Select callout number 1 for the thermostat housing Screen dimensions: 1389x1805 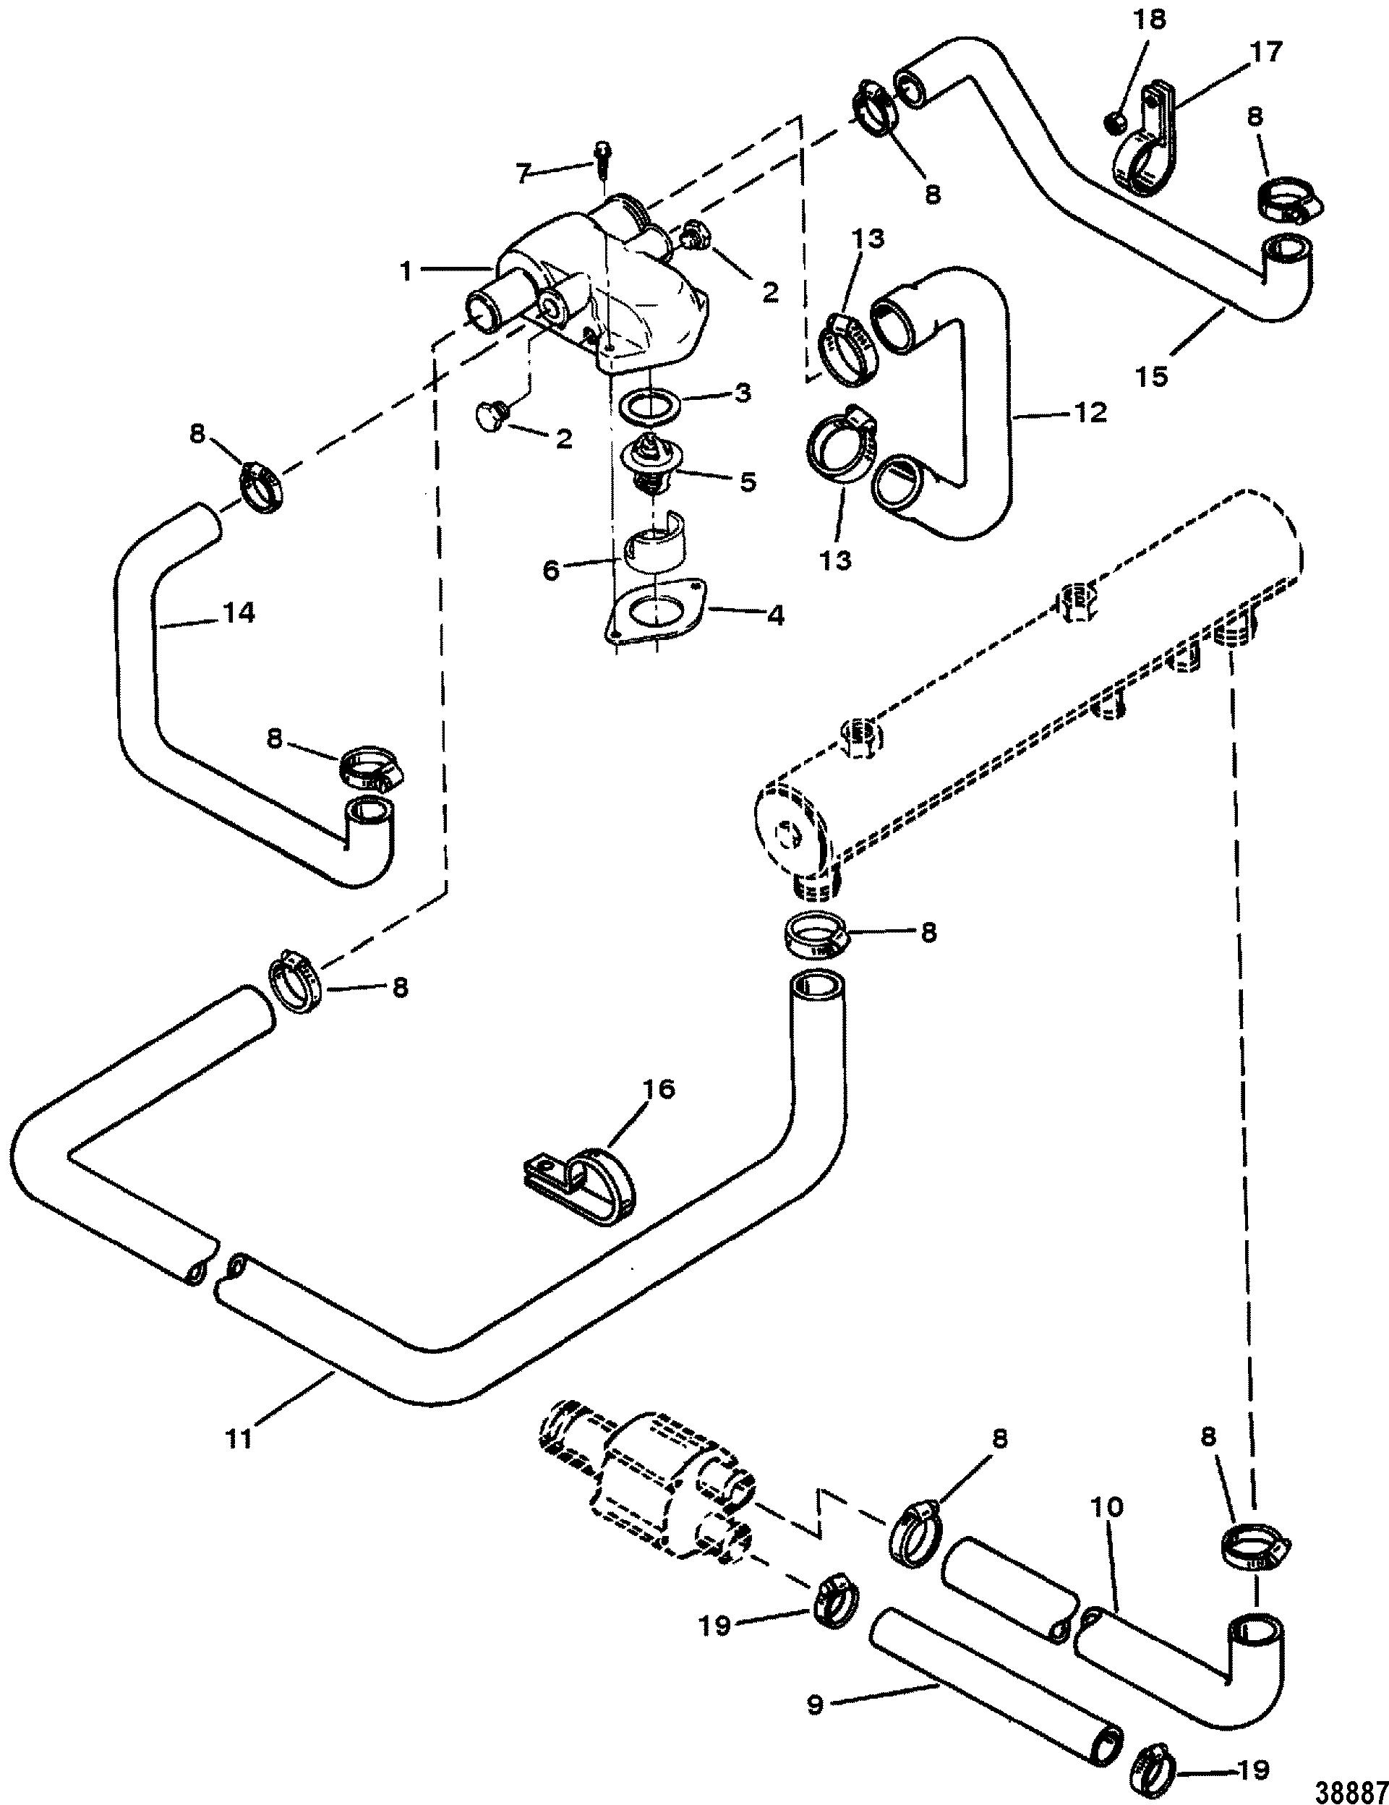pos(406,272)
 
